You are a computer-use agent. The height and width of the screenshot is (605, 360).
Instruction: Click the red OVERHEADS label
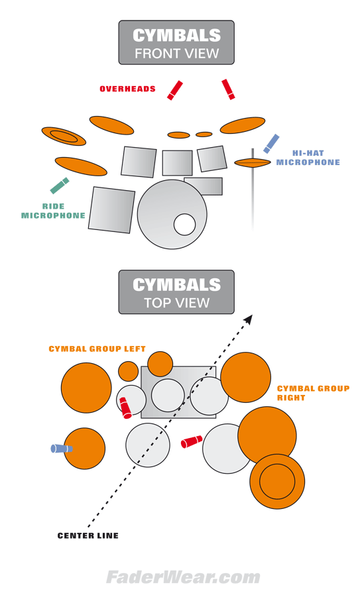(x=127, y=89)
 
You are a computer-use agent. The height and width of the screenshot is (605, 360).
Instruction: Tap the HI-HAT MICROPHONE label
(x=308, y=158)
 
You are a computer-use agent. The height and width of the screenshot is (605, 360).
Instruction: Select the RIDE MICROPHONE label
(x=53, y=211)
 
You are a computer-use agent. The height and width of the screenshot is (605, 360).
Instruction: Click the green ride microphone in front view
(x=60, y=186)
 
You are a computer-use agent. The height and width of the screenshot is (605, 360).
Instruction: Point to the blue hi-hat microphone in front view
(x=271, y=144)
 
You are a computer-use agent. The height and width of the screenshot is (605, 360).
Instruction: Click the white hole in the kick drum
(x=184, y=225)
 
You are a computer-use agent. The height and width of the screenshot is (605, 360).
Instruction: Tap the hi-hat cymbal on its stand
(x=253, y=163)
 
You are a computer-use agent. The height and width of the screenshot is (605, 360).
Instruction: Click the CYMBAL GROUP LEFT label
(x=97, y=349)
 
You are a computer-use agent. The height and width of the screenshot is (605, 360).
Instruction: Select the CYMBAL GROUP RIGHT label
(x=313, y=393)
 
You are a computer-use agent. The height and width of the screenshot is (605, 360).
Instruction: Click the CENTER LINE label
(x=88, y=535)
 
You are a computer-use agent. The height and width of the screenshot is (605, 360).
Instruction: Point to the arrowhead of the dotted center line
(x=249, y=319)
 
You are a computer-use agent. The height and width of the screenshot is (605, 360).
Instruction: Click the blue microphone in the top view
(x=62, y=449)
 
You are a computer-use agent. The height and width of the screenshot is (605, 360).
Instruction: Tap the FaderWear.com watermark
(x=183, y=578)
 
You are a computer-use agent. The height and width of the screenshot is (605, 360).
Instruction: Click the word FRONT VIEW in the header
(x=177, y=53)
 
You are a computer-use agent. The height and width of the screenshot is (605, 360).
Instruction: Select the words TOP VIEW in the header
(x=177, y=303)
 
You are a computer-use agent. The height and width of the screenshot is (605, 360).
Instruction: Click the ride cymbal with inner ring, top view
(x=277, y=481)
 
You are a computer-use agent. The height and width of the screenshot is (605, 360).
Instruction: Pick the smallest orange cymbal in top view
(x=128, y=371)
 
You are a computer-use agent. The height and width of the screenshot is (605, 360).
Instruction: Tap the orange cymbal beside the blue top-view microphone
(x=84, y=449)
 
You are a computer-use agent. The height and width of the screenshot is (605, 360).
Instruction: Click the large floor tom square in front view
(x=111, y=210)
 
